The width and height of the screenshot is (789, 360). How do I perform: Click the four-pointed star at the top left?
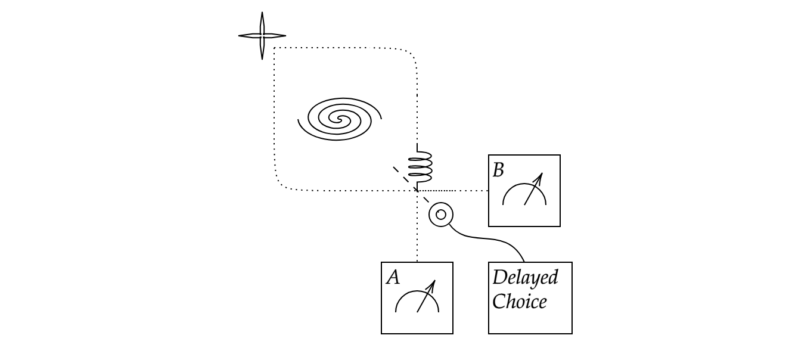pyautogui.click(x=262, y=36)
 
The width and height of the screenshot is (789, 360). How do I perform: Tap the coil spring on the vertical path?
pyautogui.click(x=420, y=166)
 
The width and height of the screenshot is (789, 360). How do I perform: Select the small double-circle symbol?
pyautogui.click(x=441, y=215)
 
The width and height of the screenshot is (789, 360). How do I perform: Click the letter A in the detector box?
pyautogui.click(x=393, y=277)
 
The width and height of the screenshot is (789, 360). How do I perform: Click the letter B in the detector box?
pyautogui.click(x=499, y=170)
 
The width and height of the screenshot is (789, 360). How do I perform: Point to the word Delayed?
pyautogui.click(x=525, y=278)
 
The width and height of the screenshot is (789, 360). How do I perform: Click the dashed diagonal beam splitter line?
pyautogui.click(x=411, y=184)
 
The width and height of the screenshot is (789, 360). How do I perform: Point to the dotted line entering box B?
pyautogui.click(x=471, y=191)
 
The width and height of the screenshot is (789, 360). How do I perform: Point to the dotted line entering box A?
pyautogui.click(x=417, y=238)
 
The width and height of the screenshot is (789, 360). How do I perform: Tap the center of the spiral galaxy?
pyautogui.click(x=340, y=119)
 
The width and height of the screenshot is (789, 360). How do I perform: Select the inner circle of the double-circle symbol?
pyautogui.click(x=441, y=215)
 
